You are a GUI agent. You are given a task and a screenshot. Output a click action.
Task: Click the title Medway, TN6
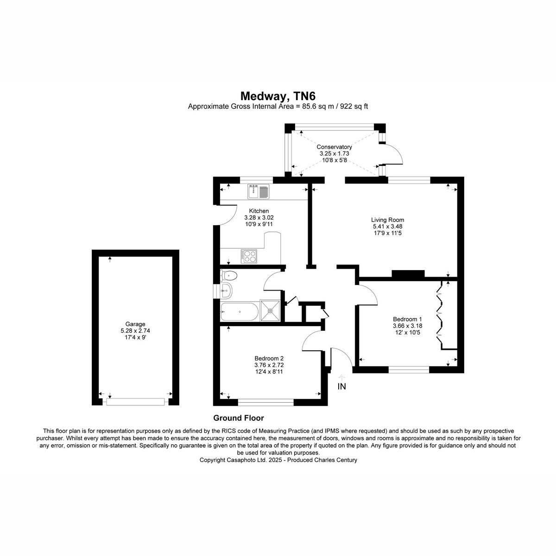coord(278,96)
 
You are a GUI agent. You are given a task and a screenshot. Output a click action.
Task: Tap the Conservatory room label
coord(334,147)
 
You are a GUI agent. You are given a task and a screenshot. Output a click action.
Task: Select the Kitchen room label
coord(259,211)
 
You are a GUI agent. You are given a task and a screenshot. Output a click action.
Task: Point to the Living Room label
coord(387,220)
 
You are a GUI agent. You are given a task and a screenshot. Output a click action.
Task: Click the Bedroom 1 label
coord(407,319)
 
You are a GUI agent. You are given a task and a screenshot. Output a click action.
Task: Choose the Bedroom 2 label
coord(269,358)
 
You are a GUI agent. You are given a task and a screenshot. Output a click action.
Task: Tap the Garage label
coord(135,324)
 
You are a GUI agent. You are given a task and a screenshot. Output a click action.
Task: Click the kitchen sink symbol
coord(258,191)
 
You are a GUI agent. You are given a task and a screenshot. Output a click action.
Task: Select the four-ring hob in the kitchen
coord(249,256)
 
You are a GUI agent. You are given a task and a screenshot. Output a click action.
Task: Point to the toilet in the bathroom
coord(228,276)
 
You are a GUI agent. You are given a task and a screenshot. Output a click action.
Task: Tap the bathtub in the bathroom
coord(240,312)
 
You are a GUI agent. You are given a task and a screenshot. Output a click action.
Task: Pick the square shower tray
coord(270,311)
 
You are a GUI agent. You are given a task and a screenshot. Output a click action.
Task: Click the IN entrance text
coord(341,386)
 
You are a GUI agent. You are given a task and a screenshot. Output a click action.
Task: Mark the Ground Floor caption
coord(239,418)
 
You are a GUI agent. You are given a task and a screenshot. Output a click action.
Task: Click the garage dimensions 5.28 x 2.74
coord(135,331)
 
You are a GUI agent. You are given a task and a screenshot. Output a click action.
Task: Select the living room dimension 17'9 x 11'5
coord(387,233)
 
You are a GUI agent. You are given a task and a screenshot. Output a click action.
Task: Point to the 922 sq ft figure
coord(354,107)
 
